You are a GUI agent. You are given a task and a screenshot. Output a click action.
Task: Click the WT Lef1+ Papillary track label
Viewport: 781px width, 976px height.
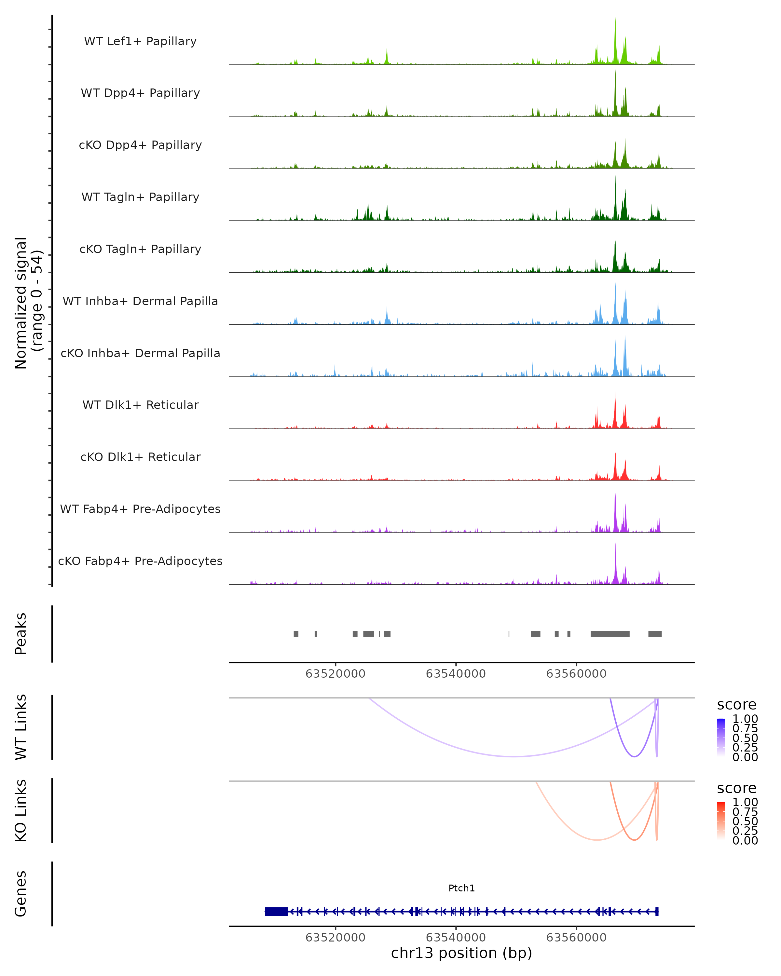pos(140,41)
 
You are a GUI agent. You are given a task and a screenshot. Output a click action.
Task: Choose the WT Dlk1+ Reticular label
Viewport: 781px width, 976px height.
pos(140,405)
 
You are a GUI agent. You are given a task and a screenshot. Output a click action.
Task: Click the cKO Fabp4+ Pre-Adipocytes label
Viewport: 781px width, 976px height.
pos(140,561)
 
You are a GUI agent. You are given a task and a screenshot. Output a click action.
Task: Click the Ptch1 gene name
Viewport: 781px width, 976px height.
pos(461,888)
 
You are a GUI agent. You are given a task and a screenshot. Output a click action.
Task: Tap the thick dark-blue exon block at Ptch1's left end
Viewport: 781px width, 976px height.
pos(276,912)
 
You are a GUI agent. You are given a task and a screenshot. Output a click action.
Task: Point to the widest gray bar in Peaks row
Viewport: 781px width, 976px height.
pos(610,634)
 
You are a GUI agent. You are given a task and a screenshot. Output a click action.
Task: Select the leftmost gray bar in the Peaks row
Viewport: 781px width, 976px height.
pos(296,634)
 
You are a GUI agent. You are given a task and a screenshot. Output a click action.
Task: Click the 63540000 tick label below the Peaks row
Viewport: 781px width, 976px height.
pos(456,674)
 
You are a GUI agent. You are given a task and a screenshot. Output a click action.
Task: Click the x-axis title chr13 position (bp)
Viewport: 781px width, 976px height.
pos(461,953)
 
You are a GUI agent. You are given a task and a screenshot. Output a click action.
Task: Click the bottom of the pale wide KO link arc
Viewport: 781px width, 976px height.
pos(598,840)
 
